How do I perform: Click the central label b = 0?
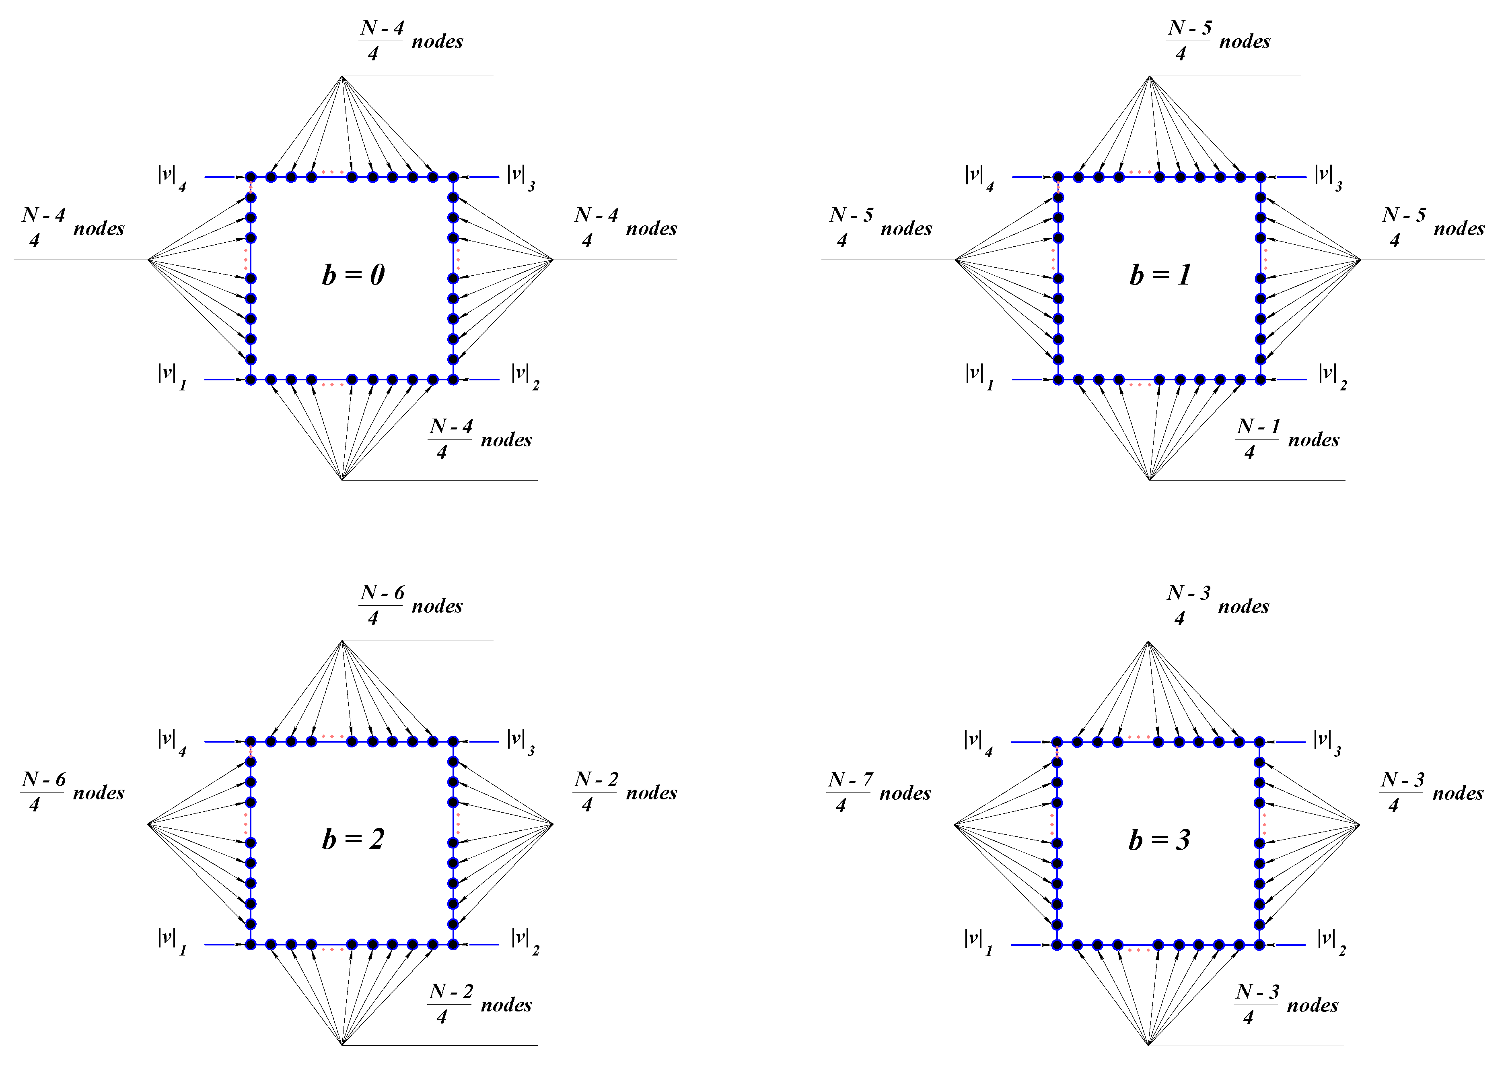(x=353, y=274)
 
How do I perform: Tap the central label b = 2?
(x=353, y=839)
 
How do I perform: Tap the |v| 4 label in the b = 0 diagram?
(x=171, y=178)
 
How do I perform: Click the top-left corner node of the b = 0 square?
(x=250, y=177)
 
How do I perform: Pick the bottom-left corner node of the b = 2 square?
(x=250, y=945)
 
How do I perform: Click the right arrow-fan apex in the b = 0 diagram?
(x=553, y=260)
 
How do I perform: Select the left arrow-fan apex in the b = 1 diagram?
(x=956, y=260)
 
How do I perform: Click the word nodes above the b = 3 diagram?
(x=1243, y=606)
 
